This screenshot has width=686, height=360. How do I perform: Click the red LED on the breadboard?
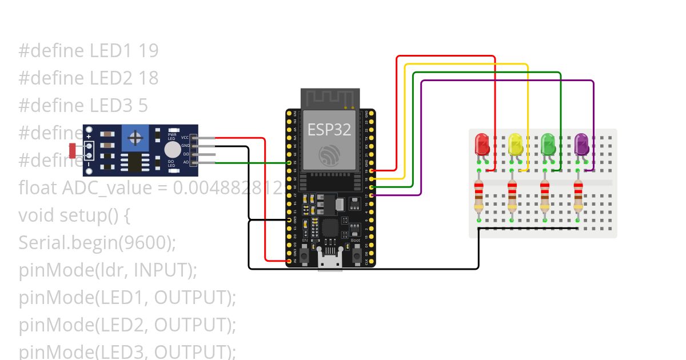click(x=481, y=144)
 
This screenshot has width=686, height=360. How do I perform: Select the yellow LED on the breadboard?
click(x=514, y=144)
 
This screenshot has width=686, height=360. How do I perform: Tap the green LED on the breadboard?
click(x=548, y=144)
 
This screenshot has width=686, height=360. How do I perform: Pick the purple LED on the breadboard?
click(x=581, y=144)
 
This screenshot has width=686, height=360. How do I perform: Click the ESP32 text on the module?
click(x=329, y=130)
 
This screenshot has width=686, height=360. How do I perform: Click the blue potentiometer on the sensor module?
click(x=135, y=138)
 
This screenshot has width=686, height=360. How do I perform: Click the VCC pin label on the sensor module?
click(x=185, y=138)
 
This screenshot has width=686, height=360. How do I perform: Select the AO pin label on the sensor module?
click(x=185, y=162)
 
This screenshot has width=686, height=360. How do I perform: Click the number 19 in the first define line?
click(x=148, y=51)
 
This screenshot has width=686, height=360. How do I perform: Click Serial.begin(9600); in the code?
click(x=97, y=243)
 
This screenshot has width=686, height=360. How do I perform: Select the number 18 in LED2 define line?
click(x=148, y=78)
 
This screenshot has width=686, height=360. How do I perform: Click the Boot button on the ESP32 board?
click(x=355, y=251)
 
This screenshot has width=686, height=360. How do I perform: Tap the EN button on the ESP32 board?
click(x=305, y=251)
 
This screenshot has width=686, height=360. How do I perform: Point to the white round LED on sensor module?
click(x=171, y=150)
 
